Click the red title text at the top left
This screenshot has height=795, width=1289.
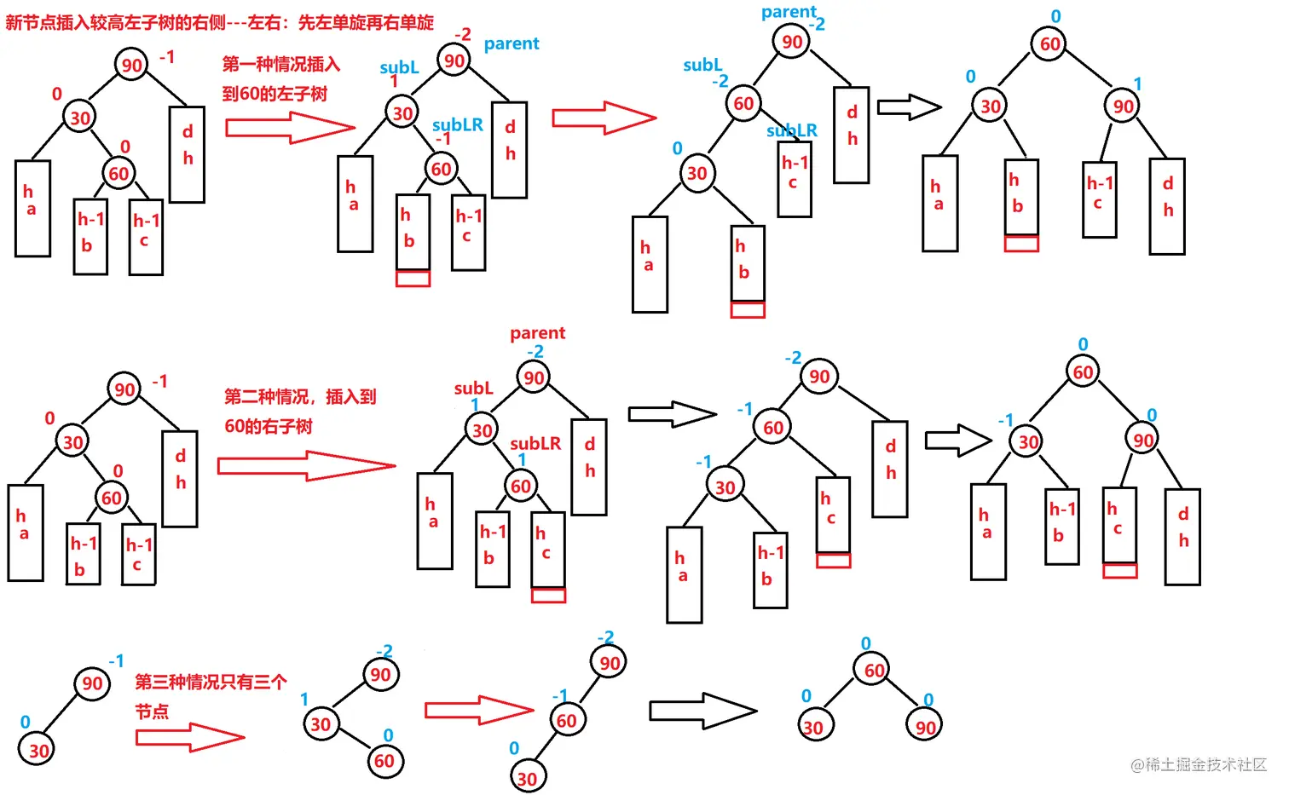220,22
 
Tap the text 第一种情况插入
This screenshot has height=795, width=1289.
281,64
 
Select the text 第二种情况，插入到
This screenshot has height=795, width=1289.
300,396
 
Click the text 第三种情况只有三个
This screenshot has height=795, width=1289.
211,682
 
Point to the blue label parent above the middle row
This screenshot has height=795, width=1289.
537,333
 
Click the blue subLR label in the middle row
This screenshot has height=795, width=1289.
535,443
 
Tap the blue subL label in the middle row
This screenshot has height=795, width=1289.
473,389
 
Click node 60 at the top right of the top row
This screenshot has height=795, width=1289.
1050,43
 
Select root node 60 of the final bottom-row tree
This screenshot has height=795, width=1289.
875,671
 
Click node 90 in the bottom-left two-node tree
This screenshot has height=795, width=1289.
92,683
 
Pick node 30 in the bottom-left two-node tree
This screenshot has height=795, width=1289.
38,751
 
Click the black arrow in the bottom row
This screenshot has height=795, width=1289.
702,711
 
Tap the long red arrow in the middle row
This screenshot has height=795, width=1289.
306,466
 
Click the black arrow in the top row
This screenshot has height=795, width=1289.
909,107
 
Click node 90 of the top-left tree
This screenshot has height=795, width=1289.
131,65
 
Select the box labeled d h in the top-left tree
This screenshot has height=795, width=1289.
187,154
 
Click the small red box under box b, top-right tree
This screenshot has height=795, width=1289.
1021,244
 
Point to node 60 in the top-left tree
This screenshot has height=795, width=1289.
118,174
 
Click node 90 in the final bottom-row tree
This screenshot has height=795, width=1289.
925,727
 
